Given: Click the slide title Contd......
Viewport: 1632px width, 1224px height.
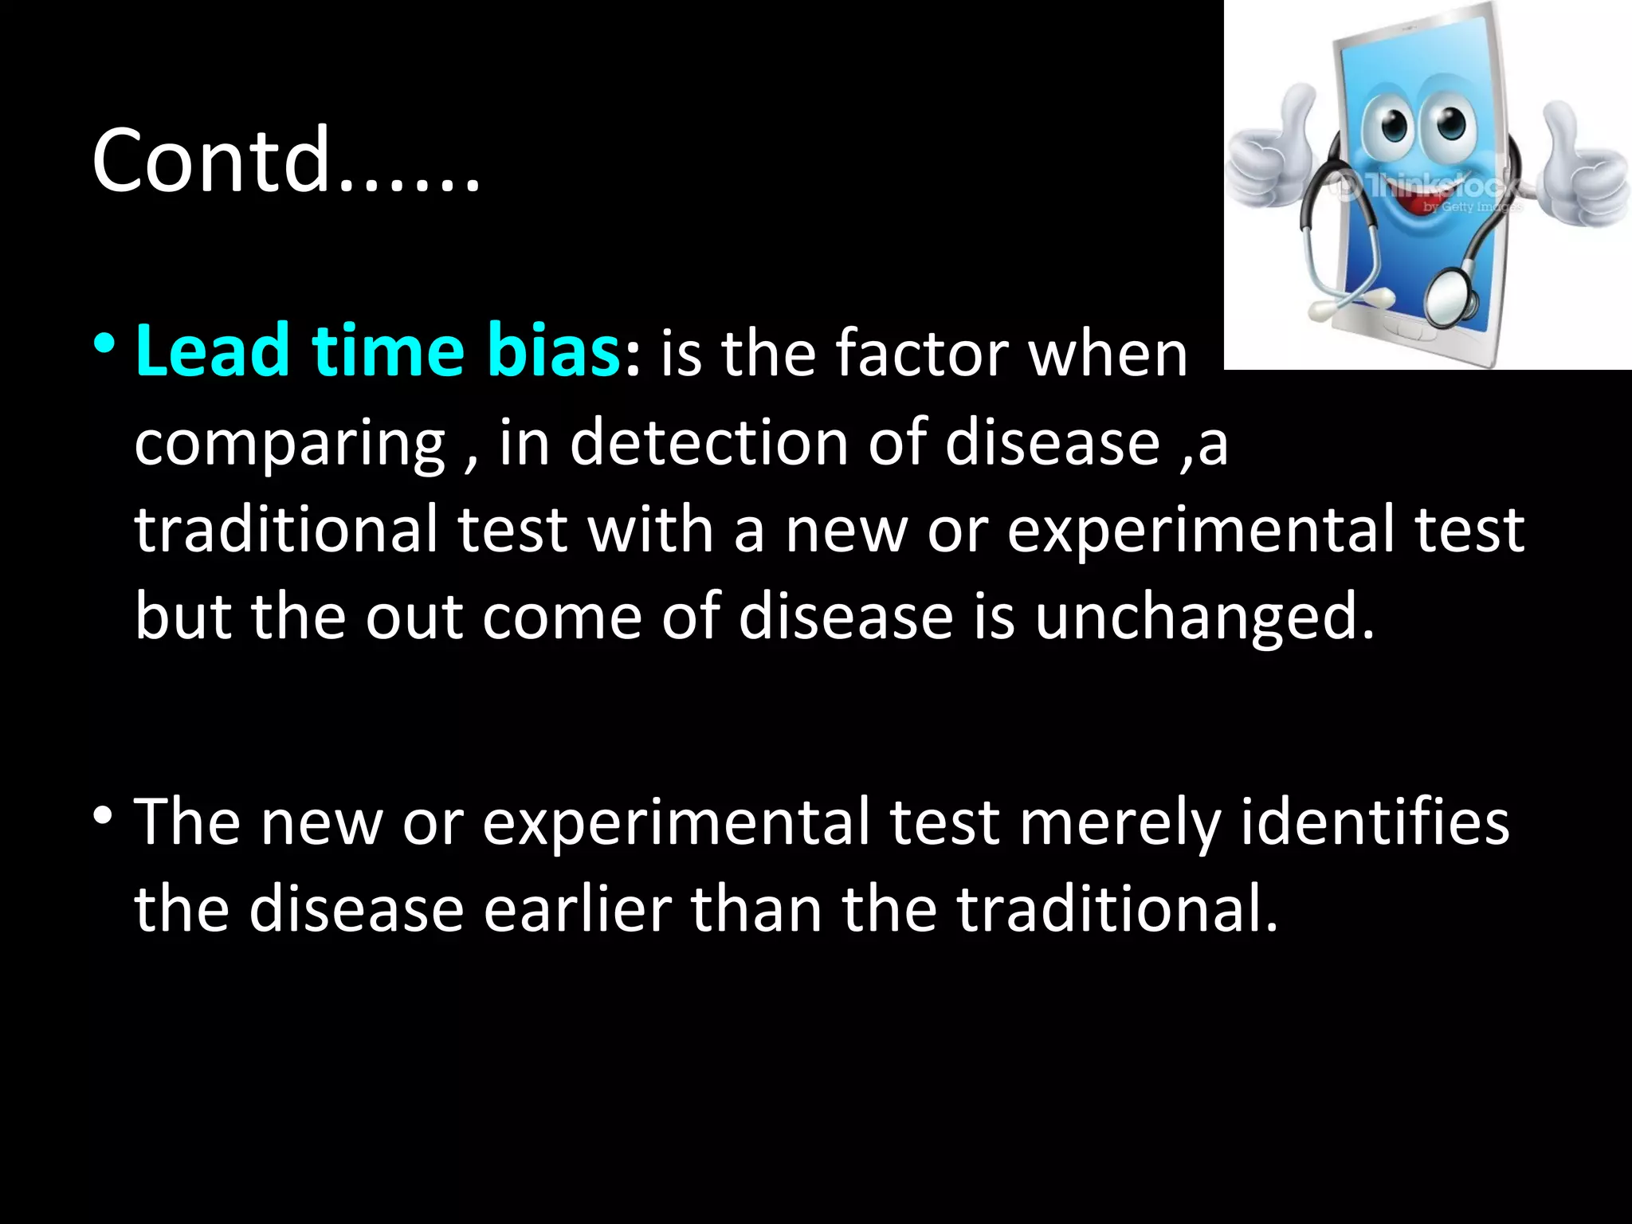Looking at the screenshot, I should pos(285,161).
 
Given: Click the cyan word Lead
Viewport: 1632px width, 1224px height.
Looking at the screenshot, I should pos(212,351).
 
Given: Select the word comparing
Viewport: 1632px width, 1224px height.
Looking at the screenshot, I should pos(289,445).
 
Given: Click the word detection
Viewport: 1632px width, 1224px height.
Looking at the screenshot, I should pos(709,443).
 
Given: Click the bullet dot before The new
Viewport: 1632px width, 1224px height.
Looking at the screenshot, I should pos(104,816).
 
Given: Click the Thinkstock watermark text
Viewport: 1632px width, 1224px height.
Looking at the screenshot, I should pos(1434,187).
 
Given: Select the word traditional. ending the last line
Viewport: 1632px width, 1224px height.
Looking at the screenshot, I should pos(1116,909).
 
